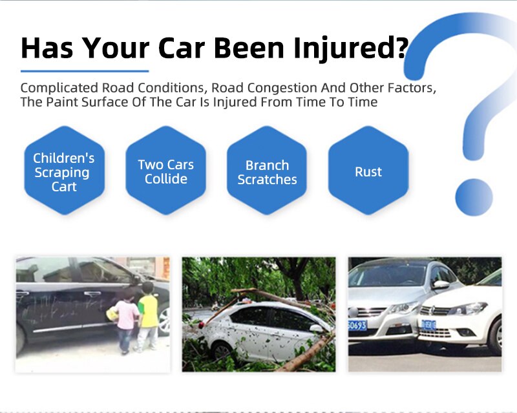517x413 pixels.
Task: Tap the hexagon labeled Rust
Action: (368, 172)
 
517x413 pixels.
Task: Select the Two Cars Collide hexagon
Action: (165, 172)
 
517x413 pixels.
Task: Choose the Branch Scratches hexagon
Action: (267, 172)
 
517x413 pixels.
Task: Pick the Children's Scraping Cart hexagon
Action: (64, 172)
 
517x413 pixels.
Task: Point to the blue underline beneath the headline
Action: (85, 70)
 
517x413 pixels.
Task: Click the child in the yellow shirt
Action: (148, 317)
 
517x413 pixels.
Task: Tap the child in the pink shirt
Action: (127, 320)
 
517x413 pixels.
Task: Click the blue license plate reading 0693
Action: (357, 325)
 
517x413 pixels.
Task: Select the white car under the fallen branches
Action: (265, 330)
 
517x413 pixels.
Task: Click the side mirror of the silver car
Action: (441, 284)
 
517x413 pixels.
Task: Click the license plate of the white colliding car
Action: (428, 325)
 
